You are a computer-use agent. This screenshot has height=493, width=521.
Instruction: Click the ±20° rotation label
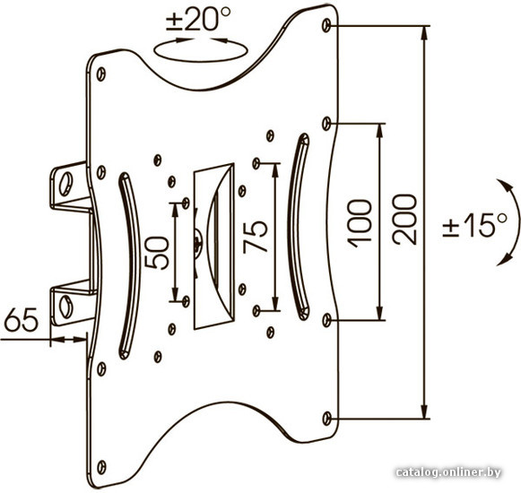[x=198, y=20]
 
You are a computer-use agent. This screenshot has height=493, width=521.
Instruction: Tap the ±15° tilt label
[x=474, y=225]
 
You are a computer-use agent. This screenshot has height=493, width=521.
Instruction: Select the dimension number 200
[x=404, y=220]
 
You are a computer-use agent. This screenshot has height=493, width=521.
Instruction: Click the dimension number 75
[x=255, y=237]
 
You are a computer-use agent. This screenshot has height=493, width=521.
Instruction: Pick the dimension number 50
[x=157, y=253]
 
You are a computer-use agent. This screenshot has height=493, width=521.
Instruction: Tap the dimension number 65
[x=22, y=319]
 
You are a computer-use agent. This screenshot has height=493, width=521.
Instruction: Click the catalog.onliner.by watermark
[x=448, y=472]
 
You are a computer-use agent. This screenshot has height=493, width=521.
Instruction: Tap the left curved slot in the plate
[x=130, y=265]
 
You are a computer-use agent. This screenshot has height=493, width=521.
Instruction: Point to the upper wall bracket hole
[x=65, y=184]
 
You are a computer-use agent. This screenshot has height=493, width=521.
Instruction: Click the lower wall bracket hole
[x=65, y=307]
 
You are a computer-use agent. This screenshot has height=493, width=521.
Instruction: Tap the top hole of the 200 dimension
[x=326, y=26]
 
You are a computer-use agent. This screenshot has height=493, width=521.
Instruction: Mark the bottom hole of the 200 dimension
[x=327, y=419]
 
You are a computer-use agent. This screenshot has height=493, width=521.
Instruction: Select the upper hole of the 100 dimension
[x=326, y=124]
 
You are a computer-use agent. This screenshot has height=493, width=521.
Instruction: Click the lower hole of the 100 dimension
[x=327, y=320]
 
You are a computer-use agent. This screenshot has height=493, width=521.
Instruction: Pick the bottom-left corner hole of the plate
[x=101, y=467]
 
